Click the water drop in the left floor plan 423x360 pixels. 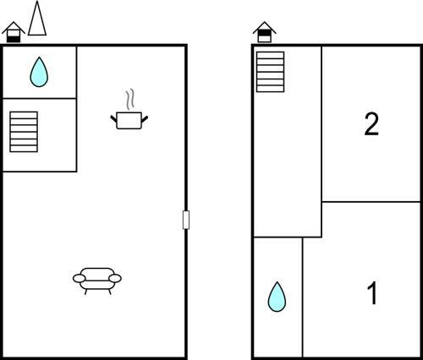[39, 72]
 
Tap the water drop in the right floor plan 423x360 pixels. [277, 297]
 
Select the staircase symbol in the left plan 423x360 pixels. [24, 132]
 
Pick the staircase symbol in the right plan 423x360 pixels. [270, 72]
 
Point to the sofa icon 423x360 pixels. [97, 281]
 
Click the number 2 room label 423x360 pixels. [371, 124]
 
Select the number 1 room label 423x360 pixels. [372, 293]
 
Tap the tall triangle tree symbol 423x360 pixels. [37, 19]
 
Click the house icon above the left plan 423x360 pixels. [14, 32]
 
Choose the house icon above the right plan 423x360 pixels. [265, 32]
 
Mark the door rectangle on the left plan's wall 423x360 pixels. [186, 220]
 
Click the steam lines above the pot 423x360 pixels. [129, 100]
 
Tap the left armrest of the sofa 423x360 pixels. [80, 279]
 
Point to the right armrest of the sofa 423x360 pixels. [115, 279]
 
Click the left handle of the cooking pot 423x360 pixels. [113, 119]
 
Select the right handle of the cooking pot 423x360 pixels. [145, 119]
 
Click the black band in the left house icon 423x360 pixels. [14, 40]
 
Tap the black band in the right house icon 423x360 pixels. [265, 33]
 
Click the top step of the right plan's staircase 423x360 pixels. [270, 55]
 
